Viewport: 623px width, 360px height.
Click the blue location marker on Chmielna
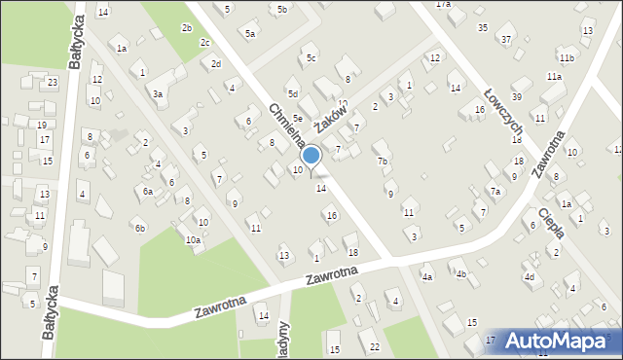click(x=311, y=156)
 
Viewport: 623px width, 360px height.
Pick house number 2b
click(x=186, y=28)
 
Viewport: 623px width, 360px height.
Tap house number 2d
click(x=216, y=64)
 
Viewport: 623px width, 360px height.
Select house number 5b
click(x=282, y=10)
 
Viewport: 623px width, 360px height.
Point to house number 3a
click(x=157, y=94)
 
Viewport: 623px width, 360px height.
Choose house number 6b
click(x=140, y=229)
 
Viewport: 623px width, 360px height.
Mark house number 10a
click(x=193, y=240)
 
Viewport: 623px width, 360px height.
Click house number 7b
click(x=383, y=162)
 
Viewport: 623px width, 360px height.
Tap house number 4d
click(x=530, y=277)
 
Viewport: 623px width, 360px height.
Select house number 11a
click(x=554, y=76)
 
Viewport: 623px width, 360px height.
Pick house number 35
click(x=483, y=27)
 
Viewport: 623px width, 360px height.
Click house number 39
click(x=517, y=97)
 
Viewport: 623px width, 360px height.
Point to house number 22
click(x=375, y=347)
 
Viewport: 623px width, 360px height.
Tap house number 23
click(x=52, y=83)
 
